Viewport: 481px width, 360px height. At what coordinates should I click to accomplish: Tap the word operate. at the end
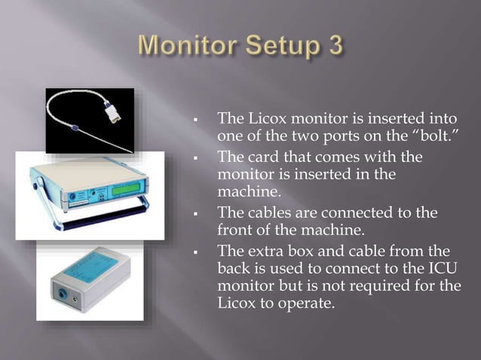pos(306,304)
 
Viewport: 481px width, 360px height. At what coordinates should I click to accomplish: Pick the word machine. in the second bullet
pos(250,192)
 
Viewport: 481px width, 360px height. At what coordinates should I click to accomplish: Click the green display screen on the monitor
pos(127,188)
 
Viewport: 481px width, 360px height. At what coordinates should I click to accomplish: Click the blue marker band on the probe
pos(74,127)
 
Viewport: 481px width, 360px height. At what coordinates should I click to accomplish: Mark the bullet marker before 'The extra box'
pos(195,253)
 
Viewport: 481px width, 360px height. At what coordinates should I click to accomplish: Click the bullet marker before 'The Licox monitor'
pos(195,120)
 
